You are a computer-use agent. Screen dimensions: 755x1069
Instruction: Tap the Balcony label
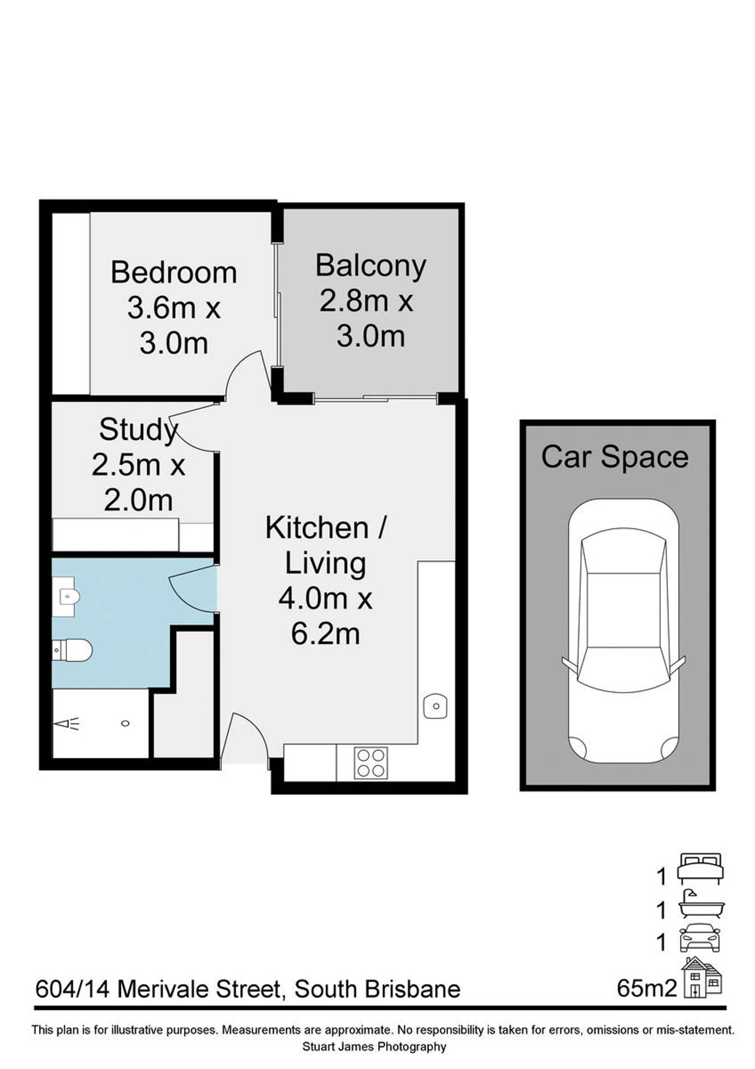point(371,267)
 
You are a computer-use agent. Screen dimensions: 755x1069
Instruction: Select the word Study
point(138,430)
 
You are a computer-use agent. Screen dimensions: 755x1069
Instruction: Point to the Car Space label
point(615,457)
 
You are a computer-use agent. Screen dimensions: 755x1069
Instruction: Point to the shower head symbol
point(66,723)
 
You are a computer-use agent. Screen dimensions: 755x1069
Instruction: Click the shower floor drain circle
point(125,723)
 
